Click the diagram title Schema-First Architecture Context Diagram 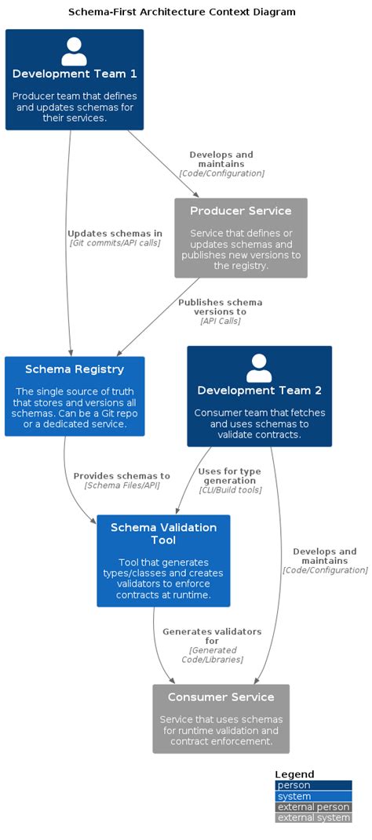point(182,12)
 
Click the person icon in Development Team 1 point(74,52)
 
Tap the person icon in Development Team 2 point(259,368)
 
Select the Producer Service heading point(240,211)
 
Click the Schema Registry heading point(74,369)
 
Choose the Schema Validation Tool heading point(163,533)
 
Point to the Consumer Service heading point(221,696)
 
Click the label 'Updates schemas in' point(115,233)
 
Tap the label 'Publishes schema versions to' point(220,307)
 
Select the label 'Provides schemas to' point(122,475)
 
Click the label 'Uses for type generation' point(229,475)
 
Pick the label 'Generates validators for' point(212,636)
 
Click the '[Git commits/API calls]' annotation point(115,243)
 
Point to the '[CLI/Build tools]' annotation point(229,490)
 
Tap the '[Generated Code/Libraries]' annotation point(212,654)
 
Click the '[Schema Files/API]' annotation point(122,485)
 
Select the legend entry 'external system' point(313,817)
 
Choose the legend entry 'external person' point(313,806)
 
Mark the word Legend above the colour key point(294,773)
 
